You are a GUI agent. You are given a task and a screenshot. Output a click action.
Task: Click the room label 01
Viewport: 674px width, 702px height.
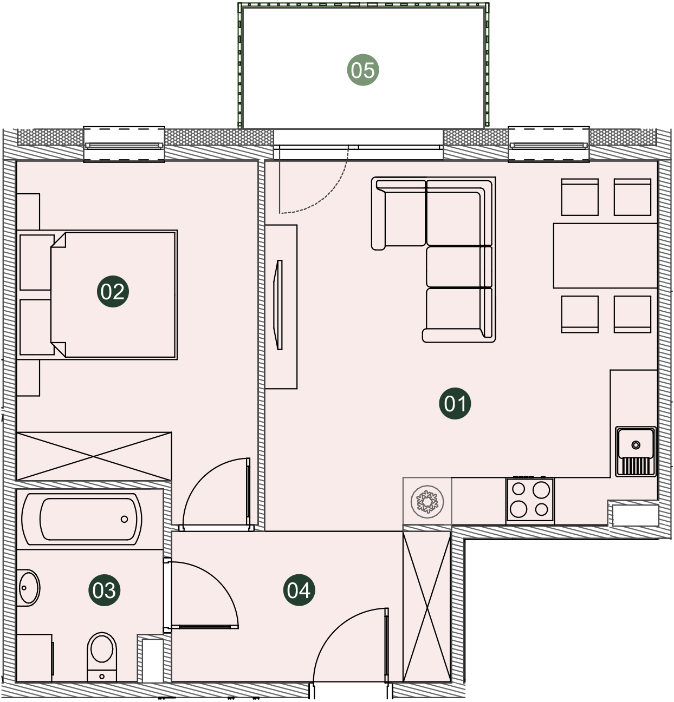click(455, 403)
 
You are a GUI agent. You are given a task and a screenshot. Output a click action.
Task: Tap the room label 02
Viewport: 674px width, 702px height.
click(113, 292)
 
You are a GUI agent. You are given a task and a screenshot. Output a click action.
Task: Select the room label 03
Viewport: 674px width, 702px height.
click(105, 590)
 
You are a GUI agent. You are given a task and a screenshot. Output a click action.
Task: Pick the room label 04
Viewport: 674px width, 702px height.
click(299, 590)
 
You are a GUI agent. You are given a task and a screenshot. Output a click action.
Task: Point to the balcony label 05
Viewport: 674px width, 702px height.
click(363, 70)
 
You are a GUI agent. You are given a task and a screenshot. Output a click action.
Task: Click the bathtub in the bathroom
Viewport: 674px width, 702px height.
click(82, 519)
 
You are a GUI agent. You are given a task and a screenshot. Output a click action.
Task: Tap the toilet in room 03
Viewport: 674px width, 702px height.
click(102, 657)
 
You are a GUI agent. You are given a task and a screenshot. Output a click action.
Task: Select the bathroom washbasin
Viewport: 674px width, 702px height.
click(28, 588)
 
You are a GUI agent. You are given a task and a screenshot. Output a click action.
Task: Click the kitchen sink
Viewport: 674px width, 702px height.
click(636, 451)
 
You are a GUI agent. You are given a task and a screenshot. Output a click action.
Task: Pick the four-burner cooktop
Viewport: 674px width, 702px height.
click(530, 500)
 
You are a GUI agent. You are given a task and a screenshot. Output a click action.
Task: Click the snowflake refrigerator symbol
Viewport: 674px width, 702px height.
click(427, 501)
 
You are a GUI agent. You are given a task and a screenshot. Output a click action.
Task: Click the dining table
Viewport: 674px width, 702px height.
click(605, 255)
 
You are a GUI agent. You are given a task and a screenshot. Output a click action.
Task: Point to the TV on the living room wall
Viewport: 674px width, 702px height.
click(278, 305)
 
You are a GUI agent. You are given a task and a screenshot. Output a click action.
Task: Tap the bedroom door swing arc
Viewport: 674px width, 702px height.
click(201, 476)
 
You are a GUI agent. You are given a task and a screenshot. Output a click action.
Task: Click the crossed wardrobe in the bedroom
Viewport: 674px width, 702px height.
click(94, 456)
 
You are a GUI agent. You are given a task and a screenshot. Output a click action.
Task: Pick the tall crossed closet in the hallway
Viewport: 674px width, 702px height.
click(427, 607)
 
